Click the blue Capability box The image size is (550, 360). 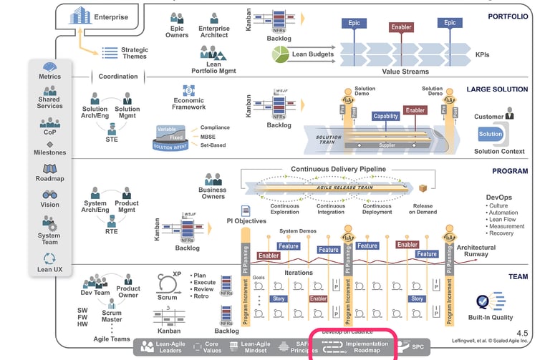[x=385, y=116]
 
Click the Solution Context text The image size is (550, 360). [x=499, y=151]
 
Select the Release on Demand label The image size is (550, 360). [x=423, y=208]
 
